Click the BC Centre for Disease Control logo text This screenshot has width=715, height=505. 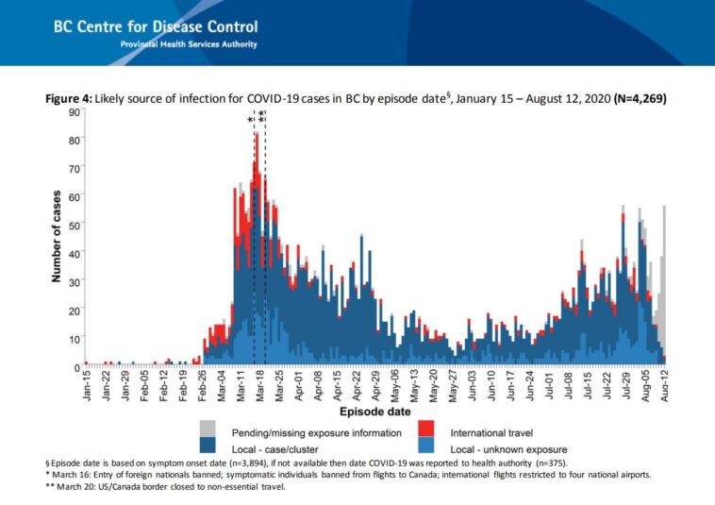click(x=156, y=27)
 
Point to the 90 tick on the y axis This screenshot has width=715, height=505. click(x=73, y=112)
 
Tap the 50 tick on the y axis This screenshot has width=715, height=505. click(x=73, y=225)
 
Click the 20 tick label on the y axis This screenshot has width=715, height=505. click(x=73, y=310)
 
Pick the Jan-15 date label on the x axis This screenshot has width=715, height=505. click(x=87, y=385)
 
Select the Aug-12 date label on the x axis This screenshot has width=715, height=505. click(x=665, y=385)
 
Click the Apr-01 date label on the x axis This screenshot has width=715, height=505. click(x=299, y=385)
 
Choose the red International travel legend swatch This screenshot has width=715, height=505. click(x=425, y=429)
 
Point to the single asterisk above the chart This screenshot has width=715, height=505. click(x=251, y=121)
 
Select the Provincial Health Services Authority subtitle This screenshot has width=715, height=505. click(x=188, y=44)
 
